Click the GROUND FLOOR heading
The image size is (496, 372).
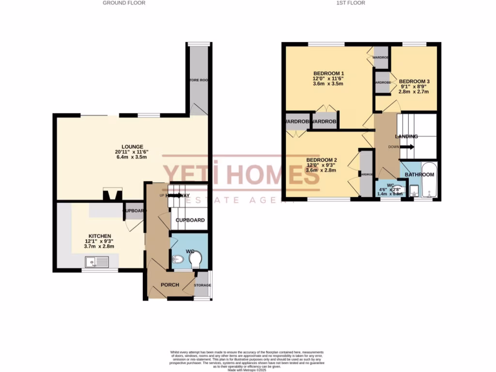click(x=124, y=3)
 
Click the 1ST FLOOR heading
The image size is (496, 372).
click(x=350, y=3)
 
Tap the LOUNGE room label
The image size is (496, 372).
click(x=132, y=146)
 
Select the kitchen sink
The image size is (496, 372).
click(x=97, y=262)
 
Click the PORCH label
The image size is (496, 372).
click(x=170, y=285)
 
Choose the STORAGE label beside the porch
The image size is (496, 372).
click(x=202, y=285)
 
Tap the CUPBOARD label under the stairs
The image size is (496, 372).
click(x=190, y=220)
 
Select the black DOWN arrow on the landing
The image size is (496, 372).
click(x=407, y=147)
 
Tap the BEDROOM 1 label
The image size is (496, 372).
click(x=325, y=73)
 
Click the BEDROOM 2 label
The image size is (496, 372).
click(x=321, y=160)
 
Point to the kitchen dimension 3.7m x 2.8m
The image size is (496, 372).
click(x=99, y=247)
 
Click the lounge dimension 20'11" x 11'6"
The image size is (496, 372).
click(x=131, y=152)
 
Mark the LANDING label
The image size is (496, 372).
click(x=406, y=137)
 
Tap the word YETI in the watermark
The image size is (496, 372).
click(x=190, y=175)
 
